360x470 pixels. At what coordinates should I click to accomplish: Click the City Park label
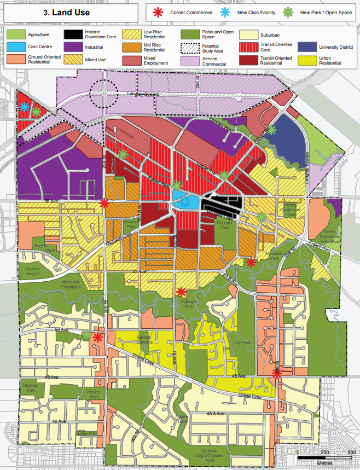pyautogui.click(x=241, y=343)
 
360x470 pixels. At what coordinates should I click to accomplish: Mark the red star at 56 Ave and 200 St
pyautogui.click(x=104, y=203)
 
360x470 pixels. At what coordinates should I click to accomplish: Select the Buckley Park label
pyautogui.click(x=31, y=387)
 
